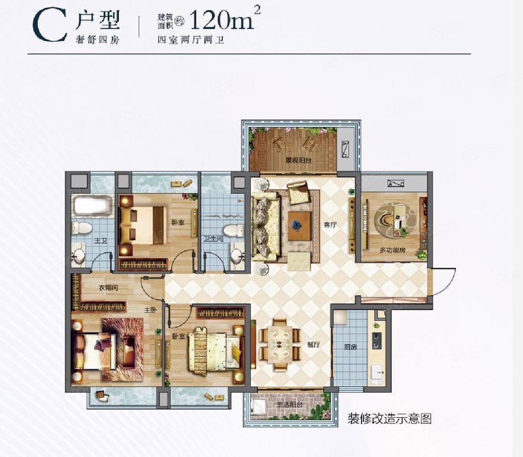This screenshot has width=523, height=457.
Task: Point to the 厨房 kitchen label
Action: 350,347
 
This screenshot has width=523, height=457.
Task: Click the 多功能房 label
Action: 393,250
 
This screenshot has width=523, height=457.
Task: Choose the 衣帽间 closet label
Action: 109,288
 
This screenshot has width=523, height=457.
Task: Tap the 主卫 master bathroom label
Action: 101,241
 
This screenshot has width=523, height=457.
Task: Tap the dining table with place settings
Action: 280,344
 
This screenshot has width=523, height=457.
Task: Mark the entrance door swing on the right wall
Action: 442,282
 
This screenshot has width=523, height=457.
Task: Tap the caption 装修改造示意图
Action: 390,418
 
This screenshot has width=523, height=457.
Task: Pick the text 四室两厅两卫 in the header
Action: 191,40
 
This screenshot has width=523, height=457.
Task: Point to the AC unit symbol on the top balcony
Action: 345,149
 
